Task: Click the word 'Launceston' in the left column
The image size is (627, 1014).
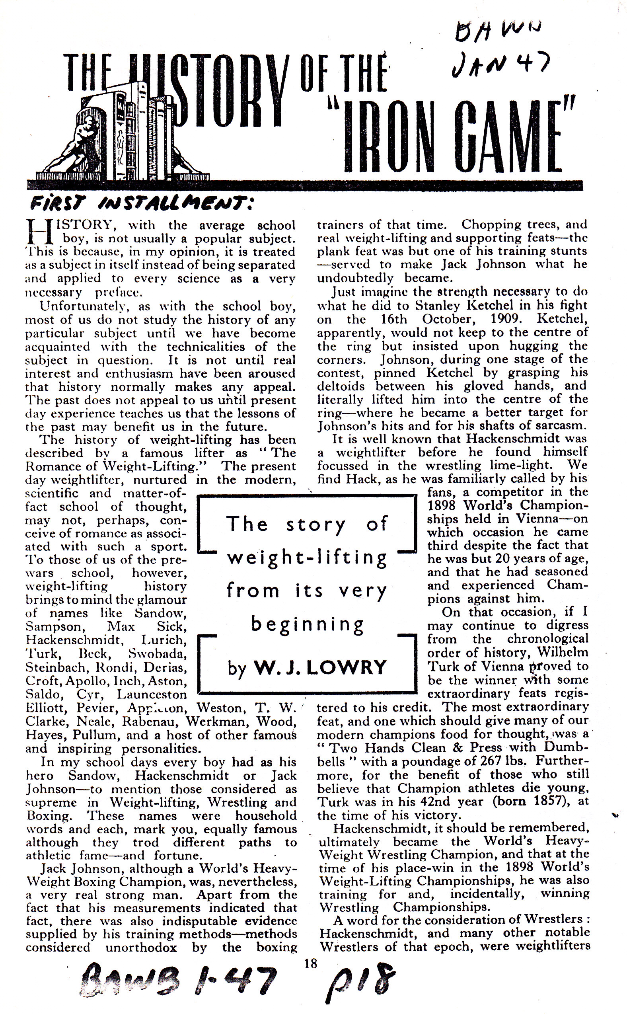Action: coord(152,694)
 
